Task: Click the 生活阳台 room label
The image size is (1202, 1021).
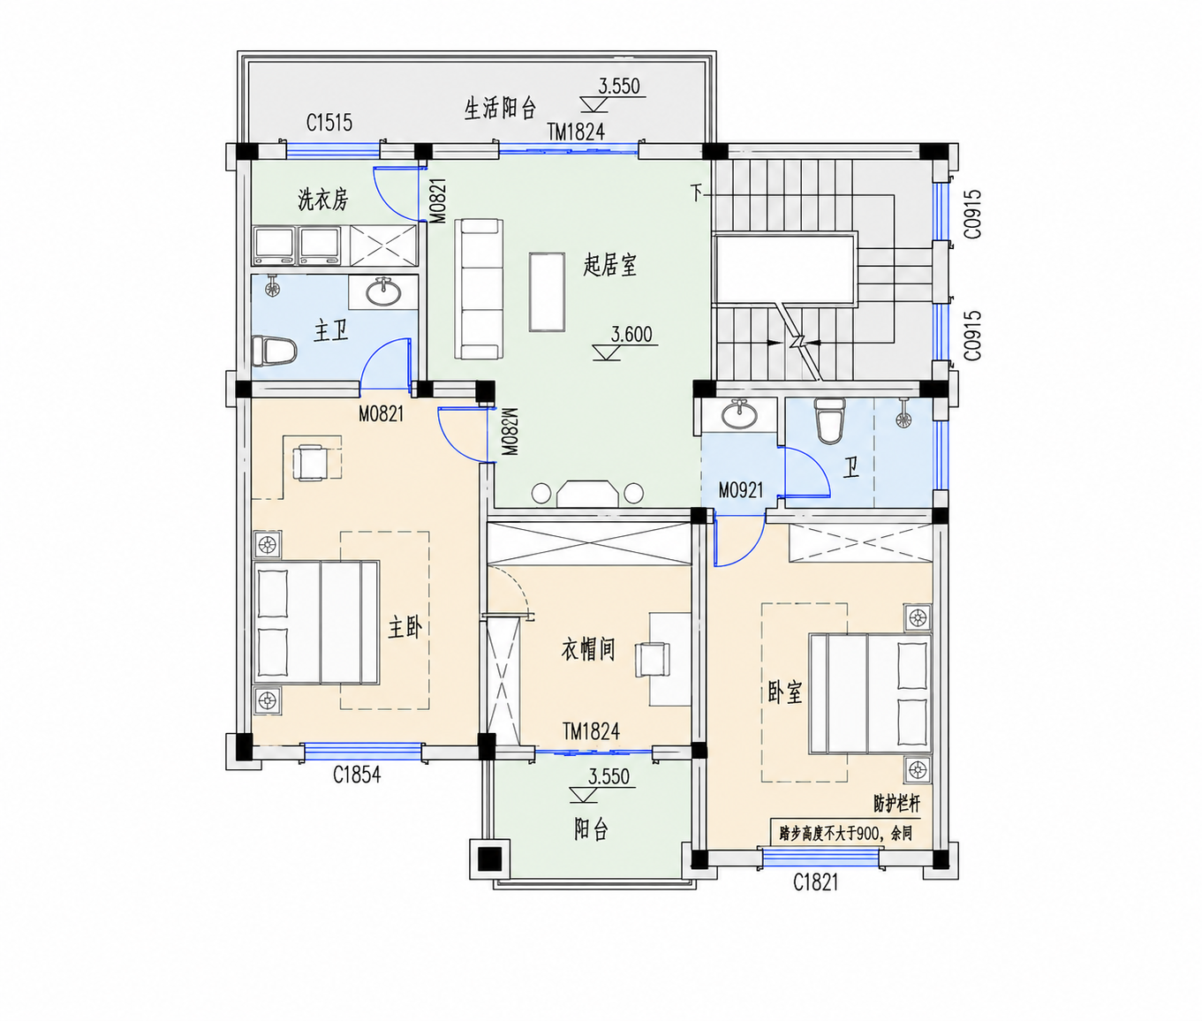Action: pos(499,108)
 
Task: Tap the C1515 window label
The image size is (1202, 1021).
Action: pos(329,123)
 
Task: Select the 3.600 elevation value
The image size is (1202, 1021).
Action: pos(631,335)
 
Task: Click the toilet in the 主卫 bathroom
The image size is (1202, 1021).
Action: pos(275,352)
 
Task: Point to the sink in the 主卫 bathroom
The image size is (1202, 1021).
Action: pos(382,291)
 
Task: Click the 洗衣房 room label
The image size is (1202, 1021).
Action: pos(322,200)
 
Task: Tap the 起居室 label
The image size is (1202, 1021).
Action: pos(609,265)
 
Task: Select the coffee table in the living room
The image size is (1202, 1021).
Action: pos(547,291)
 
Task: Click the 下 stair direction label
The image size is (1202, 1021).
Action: pos(697,192)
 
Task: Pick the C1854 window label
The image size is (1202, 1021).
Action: pos(357,775)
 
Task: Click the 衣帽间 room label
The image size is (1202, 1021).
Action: pos(587,648)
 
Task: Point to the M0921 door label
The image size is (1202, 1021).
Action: pos(741,491)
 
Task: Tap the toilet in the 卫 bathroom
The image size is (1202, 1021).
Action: pos(828,420)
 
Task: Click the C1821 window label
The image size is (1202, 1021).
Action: pos(816,882)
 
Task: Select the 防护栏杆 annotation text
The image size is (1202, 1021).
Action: pos(897,804)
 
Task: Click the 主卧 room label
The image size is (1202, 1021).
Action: pos(404,628)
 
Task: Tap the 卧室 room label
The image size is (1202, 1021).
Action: pos(784,692)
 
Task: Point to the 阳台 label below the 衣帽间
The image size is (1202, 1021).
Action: pos(591,829)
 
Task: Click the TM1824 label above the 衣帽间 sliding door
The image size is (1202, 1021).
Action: pos(591,731)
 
